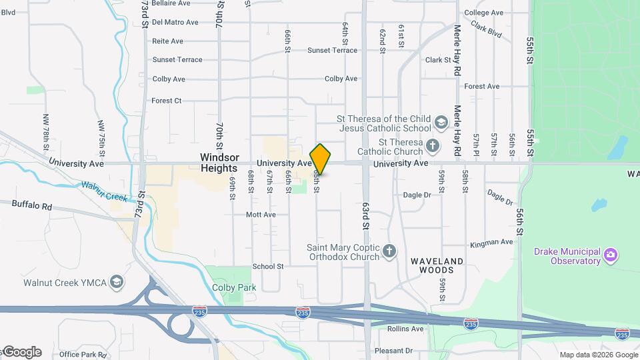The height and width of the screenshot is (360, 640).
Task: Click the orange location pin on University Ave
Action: click(320, 158)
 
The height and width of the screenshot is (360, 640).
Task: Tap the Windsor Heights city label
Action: click(219, 163)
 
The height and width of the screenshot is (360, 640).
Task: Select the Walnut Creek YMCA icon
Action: click(117, 282)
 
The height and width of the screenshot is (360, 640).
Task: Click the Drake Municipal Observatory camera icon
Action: click(609, 255)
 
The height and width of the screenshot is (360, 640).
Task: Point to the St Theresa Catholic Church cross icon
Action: click(432, 146)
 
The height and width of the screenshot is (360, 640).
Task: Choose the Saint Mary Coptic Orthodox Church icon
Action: click(389, 252)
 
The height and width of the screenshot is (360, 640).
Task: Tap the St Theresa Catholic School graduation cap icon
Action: click(440, 123)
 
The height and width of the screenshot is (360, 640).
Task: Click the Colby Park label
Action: click(225, 287)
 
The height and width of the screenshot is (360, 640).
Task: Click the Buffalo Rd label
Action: click(31, 206)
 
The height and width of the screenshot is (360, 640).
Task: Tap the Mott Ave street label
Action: click(261, 215)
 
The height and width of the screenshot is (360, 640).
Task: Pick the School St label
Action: click(267, 267)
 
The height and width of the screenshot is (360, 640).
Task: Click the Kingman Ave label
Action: click(491, 243)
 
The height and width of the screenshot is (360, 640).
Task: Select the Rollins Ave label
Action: click(405, 329)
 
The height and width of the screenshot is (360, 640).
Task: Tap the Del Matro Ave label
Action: click(175, 22)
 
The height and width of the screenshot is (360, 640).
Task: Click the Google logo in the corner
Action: click(22, 352)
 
